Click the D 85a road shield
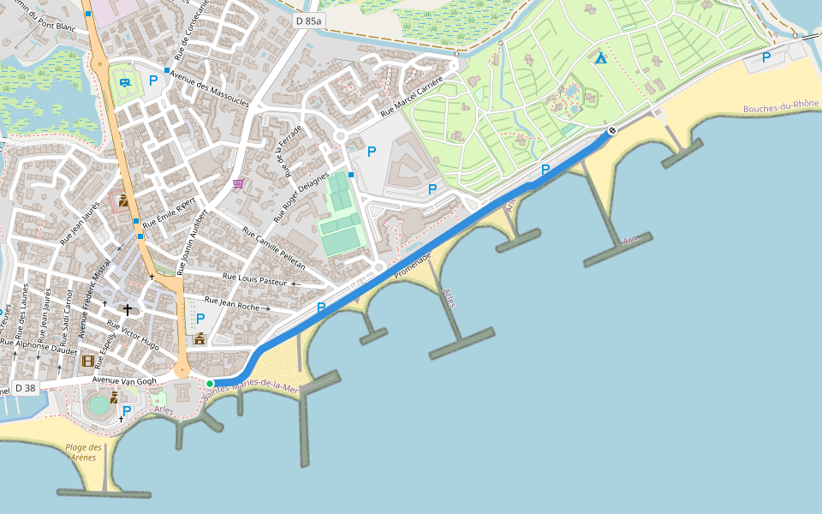pos(308,20)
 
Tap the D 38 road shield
pos(26,388)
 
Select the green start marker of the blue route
pos(210,383)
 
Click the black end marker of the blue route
pos(611,130)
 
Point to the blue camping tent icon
pos(601,57)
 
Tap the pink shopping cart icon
pos(237,183)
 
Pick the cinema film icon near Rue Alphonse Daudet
pos(87,361)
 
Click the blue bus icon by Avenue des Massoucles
pos(125,82)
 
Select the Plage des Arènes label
pos(84,451)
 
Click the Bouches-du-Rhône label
pos(781,107)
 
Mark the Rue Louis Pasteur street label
pos(254,279)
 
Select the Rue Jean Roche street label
pos(232,303)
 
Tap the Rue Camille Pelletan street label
pos(273,249)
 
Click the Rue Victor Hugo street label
pos(133,335)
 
